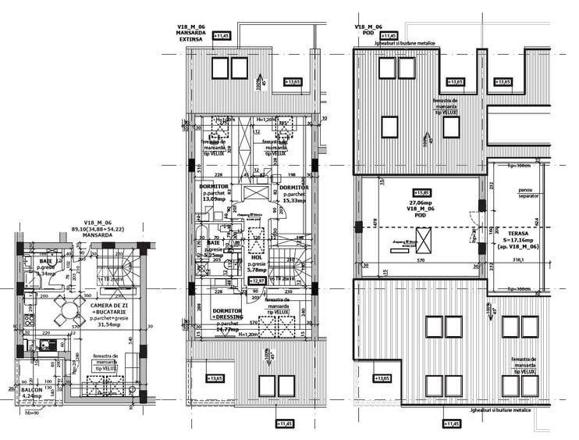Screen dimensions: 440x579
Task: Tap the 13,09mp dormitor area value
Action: click(x=213, y=199)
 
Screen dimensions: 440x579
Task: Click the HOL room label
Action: click(x=256, y=257)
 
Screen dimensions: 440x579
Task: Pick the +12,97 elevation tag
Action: click(x=257, y=280)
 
